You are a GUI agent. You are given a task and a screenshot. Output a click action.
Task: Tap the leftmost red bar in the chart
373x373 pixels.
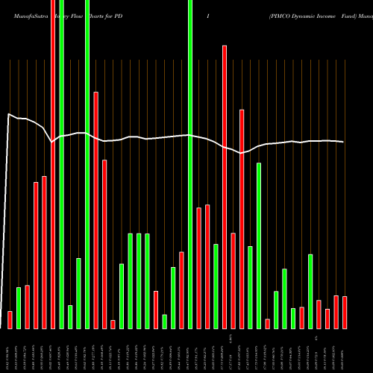(10, 319)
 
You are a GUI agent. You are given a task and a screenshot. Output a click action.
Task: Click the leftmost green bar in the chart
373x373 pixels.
(19, 307)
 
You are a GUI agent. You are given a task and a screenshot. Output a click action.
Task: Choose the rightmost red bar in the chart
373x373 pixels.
(345, 312)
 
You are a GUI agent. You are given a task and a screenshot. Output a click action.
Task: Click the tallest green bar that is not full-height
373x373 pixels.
(259, 245)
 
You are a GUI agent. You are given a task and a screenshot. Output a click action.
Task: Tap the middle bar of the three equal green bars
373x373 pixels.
(139, 280)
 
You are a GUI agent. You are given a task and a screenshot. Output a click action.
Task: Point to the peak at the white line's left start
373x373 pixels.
(8, 114)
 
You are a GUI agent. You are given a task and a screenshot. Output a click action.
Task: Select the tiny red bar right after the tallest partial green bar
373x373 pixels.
(267, 323)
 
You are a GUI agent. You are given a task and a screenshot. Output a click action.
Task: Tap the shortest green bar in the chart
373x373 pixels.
(164, 321)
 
